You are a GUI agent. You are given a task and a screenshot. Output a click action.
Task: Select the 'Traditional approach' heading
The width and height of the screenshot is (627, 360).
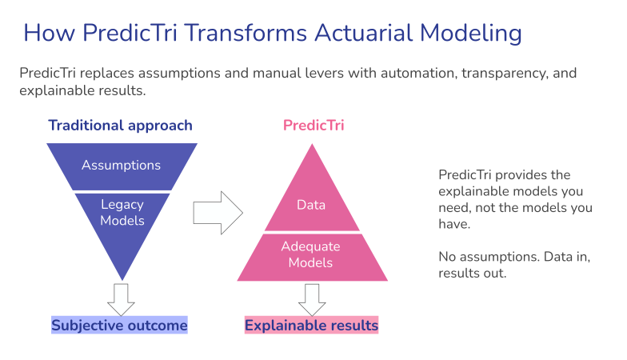[120, 126]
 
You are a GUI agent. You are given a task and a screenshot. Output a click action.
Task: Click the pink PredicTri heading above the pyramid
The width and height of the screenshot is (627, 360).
[313, 126]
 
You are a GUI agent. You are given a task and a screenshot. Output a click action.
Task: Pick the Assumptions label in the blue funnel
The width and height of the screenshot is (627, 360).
[121, 166]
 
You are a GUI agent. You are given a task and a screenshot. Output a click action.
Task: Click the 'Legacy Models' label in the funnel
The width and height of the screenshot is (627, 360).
[122, 212]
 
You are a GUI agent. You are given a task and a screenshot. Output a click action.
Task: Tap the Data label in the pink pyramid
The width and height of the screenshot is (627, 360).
[311, 205]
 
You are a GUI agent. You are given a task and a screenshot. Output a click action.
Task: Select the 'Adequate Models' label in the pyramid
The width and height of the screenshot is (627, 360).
[311, 254]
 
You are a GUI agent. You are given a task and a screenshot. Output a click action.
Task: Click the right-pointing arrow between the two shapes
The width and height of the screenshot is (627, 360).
[218, 212]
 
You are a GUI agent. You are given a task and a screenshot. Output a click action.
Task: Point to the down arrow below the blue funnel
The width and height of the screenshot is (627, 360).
[121, 298]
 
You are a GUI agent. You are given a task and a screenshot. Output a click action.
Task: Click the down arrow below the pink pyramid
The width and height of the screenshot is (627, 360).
[312, 298]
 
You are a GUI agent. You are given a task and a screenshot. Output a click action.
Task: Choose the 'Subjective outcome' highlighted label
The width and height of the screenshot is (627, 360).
[119, 326]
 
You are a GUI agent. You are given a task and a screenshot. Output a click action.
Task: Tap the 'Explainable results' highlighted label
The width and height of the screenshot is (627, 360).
[311, 326]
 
